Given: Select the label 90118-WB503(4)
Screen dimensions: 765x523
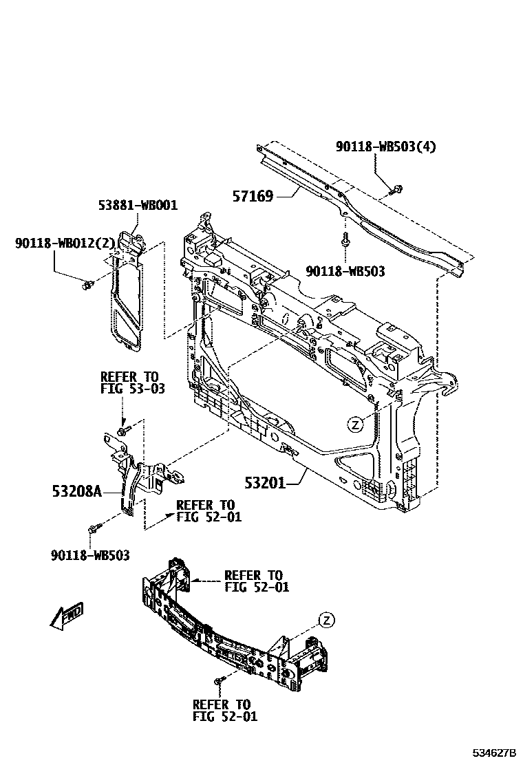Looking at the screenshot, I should coord(385,147).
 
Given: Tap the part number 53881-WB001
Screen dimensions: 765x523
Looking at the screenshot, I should coord(137,205).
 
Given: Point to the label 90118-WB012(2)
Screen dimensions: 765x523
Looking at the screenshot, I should coord(65,243).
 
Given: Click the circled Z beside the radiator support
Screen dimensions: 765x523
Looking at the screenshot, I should coord(355,424).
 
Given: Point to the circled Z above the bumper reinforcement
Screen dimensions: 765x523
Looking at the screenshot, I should coord(326,621).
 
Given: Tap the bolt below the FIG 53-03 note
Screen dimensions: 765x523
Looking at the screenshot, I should coord(122,431).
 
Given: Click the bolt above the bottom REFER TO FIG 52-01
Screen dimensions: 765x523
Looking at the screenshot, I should coord(218,680).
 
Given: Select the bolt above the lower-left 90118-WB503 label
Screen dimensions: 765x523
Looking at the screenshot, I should coord(94,530).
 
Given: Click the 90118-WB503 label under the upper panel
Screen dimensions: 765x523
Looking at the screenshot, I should coord(345,272).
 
